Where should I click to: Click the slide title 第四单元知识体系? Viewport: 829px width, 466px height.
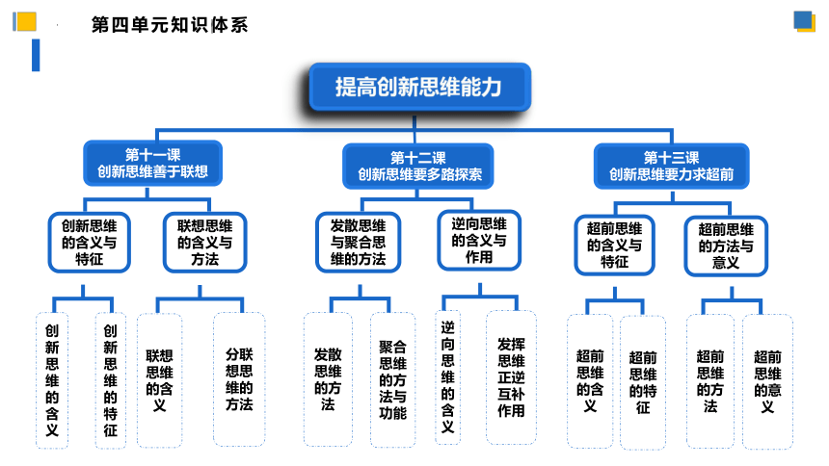pos(170,25)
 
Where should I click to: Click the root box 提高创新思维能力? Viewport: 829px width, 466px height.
pos(419,88)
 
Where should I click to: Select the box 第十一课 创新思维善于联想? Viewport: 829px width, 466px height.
pos(153,163)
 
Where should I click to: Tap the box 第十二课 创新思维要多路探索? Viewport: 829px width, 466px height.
pos(418,166)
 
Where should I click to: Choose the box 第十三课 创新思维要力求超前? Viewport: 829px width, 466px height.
pos(672,166)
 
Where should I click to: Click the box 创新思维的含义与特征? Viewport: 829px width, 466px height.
pos(90,243)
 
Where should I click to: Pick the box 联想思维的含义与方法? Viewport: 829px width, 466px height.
pos(205,243)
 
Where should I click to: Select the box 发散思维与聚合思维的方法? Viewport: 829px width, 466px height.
pos(358,243)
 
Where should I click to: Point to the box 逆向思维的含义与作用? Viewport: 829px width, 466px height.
pos(479,241)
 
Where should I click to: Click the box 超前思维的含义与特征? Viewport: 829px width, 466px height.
pos(614,246)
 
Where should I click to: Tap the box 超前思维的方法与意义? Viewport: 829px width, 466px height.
pos(726,246)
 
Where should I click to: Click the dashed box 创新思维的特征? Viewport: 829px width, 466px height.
pos(111,380)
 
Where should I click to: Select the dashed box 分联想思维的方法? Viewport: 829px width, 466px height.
pos(239,379)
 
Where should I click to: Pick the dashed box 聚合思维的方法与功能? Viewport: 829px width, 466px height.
pos(393,380)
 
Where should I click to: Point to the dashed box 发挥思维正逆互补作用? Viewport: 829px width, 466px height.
pos(511,377)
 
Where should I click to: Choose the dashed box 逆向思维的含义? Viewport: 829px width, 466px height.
pos(448,377)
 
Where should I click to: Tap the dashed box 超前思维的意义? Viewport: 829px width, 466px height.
pos(767,381)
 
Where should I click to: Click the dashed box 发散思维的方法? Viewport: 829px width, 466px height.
pos(328,379)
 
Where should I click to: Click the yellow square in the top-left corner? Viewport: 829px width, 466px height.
pos(26,21)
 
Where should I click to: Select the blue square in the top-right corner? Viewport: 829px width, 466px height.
pos(803,20)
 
